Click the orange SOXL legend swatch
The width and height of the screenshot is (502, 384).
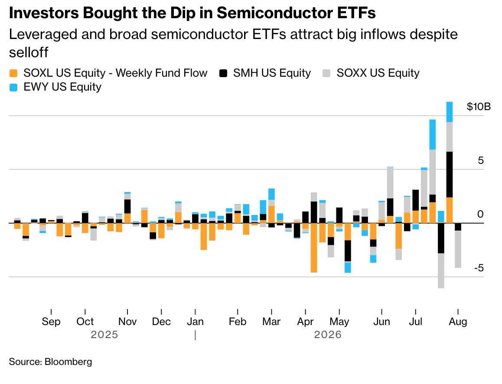pos(13,73)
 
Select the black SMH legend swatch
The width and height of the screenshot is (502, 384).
pos(223,73)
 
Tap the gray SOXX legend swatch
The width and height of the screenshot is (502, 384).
pos(326,73)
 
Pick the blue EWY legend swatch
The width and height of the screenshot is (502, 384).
pos(13,88)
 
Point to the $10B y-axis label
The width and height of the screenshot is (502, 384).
pos(478,107)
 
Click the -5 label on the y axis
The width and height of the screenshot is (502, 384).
pos(479,268)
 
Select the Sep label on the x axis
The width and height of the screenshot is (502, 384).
pos(51,321)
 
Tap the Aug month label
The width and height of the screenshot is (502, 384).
pos(458,321)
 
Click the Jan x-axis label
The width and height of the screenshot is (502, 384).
pos(195,321)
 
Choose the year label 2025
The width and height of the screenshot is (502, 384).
pos(104,335)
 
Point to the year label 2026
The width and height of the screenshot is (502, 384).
pos(328,335)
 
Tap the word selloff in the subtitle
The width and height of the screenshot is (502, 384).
pos(29,52)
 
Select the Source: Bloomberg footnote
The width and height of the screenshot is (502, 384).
pos(51,361)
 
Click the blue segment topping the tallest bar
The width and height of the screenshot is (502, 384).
pos(450,112)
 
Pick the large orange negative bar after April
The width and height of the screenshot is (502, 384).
pos(314,247)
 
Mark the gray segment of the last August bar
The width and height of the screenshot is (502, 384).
pos(458,249)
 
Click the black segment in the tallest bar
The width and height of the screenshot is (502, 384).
pos(450,174)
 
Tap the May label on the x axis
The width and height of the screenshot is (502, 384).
pos(339,322)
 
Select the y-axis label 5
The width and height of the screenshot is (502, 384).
pos(481,160)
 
